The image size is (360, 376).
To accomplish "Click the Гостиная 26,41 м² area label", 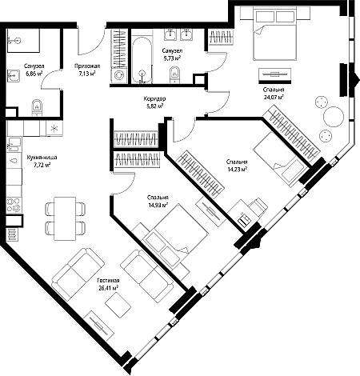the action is pos(108,284).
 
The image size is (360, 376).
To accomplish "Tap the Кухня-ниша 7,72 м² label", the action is pos(42,161).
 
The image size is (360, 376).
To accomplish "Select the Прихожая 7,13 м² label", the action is pos(87,70).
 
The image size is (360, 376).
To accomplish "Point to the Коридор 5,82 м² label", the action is pos(154,102).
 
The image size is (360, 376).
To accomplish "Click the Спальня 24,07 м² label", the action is pos(274,94).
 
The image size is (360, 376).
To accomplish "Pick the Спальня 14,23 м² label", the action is pos(237,165).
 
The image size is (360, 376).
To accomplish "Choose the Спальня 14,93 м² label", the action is pos(158,201).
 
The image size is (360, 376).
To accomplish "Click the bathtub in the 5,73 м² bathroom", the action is pos(142,60).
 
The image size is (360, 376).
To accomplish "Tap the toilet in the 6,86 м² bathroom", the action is pos(37,107).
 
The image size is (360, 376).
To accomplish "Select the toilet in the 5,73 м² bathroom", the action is pos(174,74).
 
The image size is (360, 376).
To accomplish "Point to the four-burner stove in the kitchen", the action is pos(14,205).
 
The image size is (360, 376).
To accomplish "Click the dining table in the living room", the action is pos(65,218).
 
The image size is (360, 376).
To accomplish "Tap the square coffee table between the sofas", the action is pos(118,304).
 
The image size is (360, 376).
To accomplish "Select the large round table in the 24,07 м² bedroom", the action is pos(334,117).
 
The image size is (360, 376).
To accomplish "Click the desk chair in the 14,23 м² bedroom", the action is pos(258,206).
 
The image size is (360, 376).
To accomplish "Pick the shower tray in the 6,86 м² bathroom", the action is pos(23,40).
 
